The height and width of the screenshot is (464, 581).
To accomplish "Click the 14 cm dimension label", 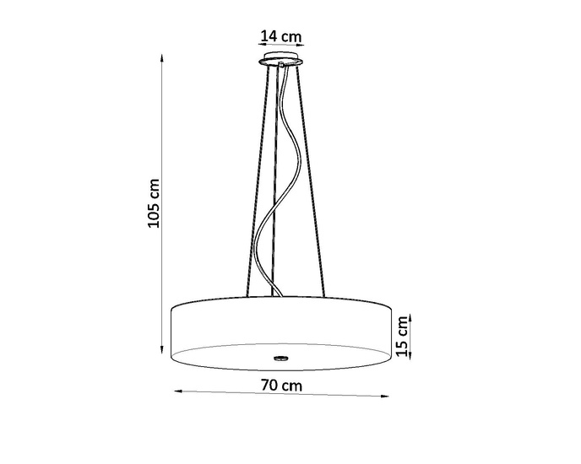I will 281,36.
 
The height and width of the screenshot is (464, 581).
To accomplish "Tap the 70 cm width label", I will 281,386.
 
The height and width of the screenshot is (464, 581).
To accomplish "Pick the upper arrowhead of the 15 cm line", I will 410,314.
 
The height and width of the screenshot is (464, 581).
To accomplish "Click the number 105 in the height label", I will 154,214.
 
